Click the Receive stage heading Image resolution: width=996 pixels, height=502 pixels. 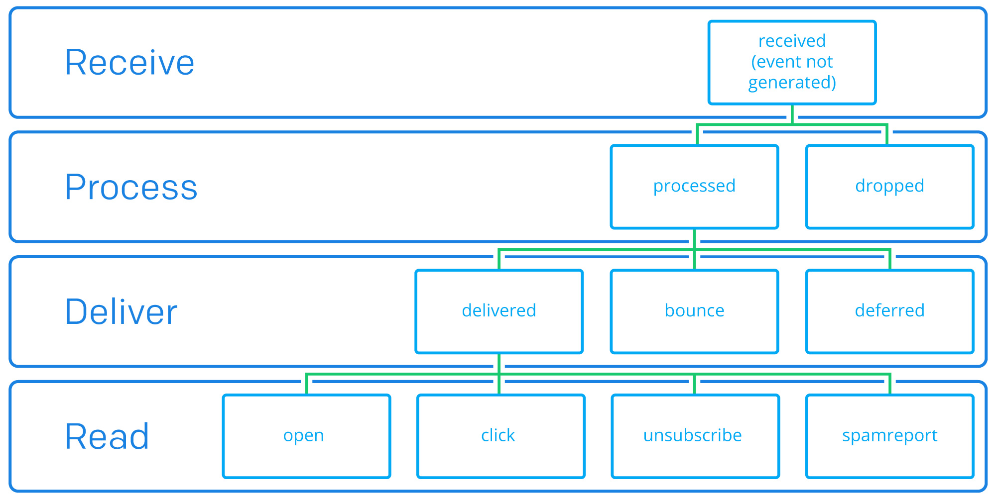[129, 63]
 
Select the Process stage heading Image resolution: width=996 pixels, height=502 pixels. [131, 188]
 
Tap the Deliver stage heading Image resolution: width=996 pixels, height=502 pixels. [121, 312]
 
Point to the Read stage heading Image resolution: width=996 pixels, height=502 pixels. [107, 437]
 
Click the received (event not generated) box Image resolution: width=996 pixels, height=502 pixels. [792, 62]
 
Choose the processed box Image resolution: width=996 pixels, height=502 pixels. [694, 187]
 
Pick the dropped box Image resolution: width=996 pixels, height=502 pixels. [889, 187]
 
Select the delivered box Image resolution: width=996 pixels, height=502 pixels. [499, 311]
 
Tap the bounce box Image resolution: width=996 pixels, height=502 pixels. [694, 311]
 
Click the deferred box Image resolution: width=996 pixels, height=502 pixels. [889, 311]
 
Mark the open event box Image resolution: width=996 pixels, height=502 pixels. [306, 436]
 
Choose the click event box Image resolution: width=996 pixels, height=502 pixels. [500, 436]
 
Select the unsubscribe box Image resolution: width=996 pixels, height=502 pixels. [695, 436]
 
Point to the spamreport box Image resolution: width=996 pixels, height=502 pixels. [889, 436]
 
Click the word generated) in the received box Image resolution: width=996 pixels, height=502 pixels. [792, 83]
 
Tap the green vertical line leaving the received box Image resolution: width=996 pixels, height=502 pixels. [792, 114]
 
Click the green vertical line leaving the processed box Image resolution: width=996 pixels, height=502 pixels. [694, 239]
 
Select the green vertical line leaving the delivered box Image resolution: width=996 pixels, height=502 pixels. [499, 364]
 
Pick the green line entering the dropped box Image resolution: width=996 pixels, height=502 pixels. [887, 135]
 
